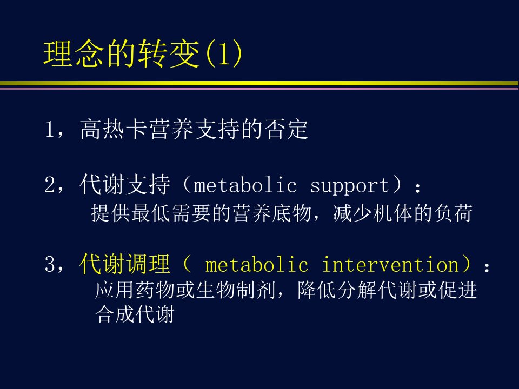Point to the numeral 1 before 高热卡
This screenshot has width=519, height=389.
[49, 129]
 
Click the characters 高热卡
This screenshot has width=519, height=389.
[114, 129]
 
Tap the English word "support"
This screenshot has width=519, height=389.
[350, 186]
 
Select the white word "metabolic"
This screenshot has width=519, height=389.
[245, 185]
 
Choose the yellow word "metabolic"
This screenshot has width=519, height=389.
[257, 265]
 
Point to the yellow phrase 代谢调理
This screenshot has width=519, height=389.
[125, 264]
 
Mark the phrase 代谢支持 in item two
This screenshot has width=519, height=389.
[125, 184]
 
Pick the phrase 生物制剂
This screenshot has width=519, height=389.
[236, 290]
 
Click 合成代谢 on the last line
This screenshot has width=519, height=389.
[135, 314]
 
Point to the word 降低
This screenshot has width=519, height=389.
[317, 290]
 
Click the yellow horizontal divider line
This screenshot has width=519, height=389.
[259, 83]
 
